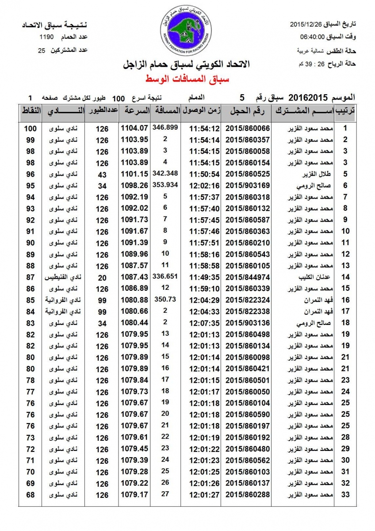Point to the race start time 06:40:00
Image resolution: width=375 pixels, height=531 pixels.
click(x=313, y=37)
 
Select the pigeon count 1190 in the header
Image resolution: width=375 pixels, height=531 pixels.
click(x=46, y=37)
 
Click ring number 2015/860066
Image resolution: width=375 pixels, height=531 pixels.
click(x=248, y=128)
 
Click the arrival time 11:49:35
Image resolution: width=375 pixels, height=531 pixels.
click(x=204, y=277)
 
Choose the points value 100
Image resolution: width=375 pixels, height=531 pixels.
click(x=31, y=128)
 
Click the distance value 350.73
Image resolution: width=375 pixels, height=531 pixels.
click(x=165, y=299)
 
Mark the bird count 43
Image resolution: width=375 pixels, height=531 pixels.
click(x=102, y=174)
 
